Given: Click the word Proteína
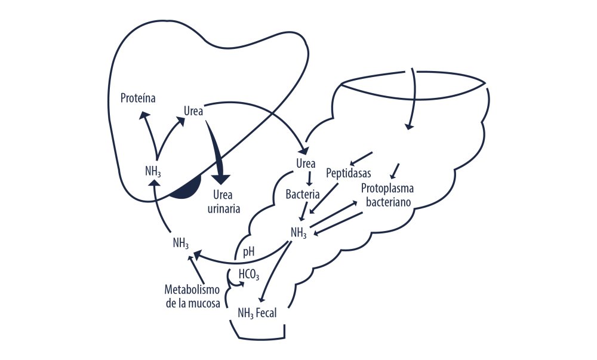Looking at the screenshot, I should pyautogui.click(x=138, y=98).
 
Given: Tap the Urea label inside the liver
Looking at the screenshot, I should pyautogui.click(x=193, y=112).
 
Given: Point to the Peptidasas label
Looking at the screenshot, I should pyautogui.click(x=349, y=174).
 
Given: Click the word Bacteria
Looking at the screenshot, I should pyautogui.click(x=303, y=194).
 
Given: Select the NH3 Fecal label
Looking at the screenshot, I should pyautogui.click(x=257, y=312).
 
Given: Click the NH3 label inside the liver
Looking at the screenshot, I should pyautogui.click(x=153, y=171).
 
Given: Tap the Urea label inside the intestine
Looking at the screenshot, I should pyautogui.click(x=306, y=163).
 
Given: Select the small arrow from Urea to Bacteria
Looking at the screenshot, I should pyautogui.click(x=309, y=179).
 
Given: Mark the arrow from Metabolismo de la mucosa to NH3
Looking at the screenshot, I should pyautogui.click(x=196, y=268).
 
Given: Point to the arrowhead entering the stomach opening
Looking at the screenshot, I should pyautogui.click(x=409, y=125).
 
